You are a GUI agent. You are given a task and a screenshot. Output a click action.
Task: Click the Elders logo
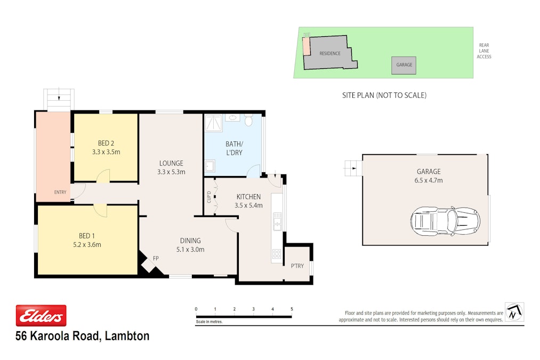coord(41,316)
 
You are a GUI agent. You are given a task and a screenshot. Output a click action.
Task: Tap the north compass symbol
coord(514,312)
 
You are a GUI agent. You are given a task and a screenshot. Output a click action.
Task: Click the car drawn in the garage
coord(445,221)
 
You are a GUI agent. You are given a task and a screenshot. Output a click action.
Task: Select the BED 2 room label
coord(106,143)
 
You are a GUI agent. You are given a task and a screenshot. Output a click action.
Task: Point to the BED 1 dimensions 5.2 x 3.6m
coord(87,245)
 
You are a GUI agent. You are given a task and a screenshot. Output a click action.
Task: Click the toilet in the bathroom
coord(248,119)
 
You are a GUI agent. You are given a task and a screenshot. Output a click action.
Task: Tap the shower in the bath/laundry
coord(214,123)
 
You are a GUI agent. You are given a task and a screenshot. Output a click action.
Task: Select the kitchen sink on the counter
coord(277,221)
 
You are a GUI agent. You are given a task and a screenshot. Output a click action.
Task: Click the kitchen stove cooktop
coord(277,254)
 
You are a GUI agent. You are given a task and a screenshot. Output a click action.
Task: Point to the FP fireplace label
coord(156,258)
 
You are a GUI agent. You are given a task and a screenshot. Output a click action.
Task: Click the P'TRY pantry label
coord(297,266)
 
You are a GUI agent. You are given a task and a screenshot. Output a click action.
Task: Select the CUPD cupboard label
coord(209,197)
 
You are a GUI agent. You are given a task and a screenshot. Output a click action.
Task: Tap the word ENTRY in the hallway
coord(60,192)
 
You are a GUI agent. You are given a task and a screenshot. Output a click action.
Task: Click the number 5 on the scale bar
coord(292,309)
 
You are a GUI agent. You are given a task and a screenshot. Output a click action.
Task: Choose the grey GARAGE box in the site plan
coord(404,66)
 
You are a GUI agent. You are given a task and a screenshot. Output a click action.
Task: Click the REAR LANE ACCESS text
coord(484,51)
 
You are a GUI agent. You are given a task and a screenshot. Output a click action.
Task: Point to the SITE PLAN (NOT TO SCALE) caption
coord(384,95)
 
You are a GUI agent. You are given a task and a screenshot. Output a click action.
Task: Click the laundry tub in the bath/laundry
coord(210,166)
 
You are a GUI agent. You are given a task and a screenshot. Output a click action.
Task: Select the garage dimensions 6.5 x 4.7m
coord(429,180)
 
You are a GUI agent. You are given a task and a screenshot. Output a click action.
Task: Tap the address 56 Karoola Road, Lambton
coord(83,336)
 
